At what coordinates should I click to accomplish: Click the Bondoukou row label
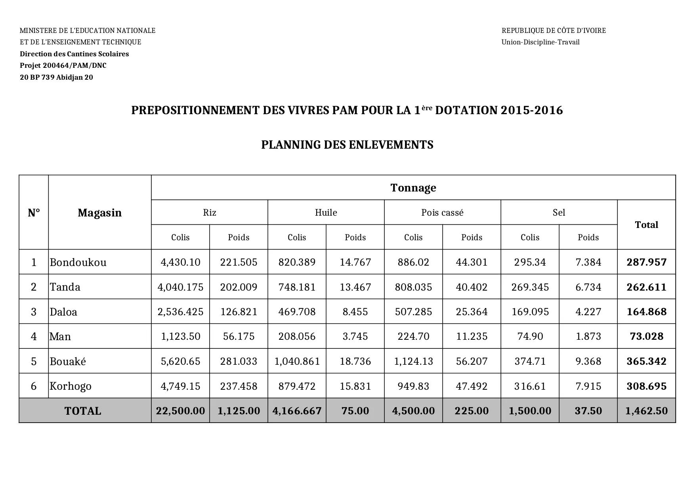78,262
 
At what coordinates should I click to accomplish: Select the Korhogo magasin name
71,386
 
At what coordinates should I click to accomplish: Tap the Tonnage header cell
413,188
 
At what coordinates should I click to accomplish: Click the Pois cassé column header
442,212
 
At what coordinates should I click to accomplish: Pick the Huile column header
326,212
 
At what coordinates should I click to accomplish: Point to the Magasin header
99,213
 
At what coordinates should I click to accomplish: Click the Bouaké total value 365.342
646,361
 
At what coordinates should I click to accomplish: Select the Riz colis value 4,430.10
180,262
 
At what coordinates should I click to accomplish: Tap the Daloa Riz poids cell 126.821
239,312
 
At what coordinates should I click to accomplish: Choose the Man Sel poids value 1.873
588,337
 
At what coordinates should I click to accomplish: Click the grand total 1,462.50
646,411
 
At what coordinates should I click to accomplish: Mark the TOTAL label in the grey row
83,411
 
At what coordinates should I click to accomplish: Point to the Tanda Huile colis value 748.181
297,287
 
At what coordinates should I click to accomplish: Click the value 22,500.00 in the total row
180,411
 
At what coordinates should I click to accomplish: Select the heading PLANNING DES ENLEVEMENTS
347,145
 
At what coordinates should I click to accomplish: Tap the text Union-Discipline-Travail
540,42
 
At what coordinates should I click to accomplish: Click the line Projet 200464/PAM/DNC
63,65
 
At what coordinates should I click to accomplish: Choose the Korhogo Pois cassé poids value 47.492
472,386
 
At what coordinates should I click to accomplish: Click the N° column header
34,213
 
